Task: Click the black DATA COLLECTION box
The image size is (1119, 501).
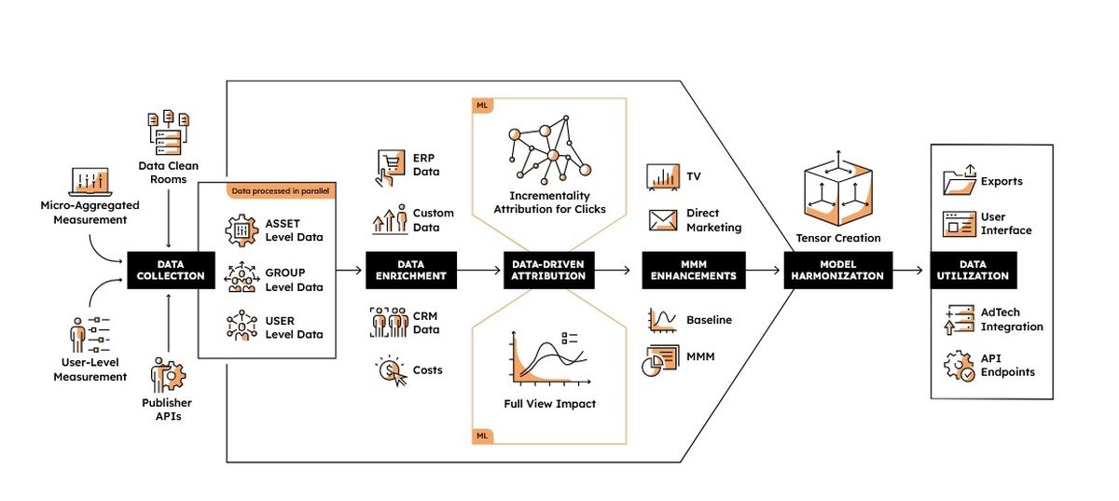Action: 171,270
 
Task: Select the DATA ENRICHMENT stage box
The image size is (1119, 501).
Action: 410,270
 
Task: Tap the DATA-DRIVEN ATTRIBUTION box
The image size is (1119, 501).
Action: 548,270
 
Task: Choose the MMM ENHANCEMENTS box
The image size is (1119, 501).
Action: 694,270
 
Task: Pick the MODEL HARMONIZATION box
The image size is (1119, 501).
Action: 837,270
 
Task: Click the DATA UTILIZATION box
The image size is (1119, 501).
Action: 974,270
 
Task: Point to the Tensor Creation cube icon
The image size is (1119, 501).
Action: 838,190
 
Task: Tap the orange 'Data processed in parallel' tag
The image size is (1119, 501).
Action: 281,191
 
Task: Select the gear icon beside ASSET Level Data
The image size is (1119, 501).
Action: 242,230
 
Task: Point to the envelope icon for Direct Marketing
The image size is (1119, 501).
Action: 663,220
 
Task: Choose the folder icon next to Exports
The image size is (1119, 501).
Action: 960,180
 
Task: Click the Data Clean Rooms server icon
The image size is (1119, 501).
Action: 169,132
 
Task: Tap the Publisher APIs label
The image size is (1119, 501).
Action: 167,410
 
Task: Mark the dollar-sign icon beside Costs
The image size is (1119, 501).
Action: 391,371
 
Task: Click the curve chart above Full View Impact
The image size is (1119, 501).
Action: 549,358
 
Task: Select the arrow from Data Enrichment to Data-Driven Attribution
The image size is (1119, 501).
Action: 478,270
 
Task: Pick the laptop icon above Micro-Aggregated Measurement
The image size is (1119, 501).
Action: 90,182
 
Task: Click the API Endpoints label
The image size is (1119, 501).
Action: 1007,365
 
